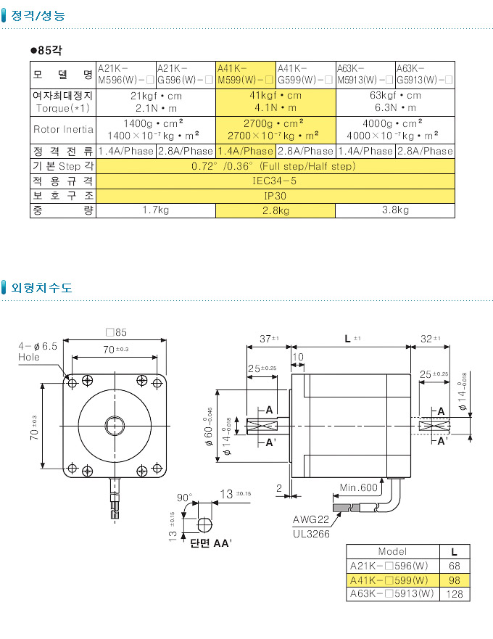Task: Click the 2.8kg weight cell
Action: [275, 211]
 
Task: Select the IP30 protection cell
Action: [275, 196]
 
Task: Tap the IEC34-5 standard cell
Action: [275, 181]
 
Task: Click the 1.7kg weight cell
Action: [156, 211]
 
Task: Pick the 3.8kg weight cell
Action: [395, 211]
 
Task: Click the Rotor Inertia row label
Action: [63, 130]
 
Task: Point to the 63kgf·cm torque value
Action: [395, 96]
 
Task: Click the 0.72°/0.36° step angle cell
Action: [275, 166]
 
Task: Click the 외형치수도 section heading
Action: [41, 287]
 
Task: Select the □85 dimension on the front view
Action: [116, 333]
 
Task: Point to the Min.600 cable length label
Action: [359, 487]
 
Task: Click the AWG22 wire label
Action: [310, 520]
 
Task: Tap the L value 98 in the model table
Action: [454, 580]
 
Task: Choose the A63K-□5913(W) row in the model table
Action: [392, 594]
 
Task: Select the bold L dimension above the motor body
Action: [349, 339]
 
